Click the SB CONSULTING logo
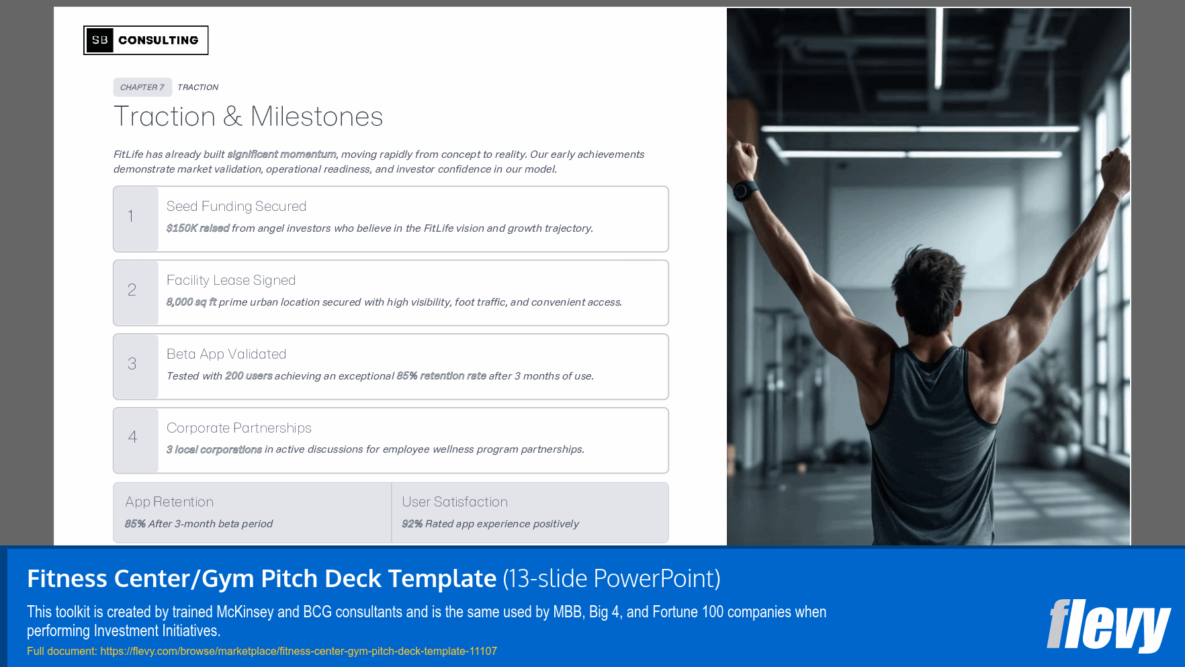[x=146, y=40]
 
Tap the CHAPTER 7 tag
[x=142, y=87]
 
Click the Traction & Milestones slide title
[x=248, y=117]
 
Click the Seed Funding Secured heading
[x=236, y=206]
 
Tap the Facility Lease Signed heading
[x=231, y=280]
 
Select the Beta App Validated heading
[x=226, y=354]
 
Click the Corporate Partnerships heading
[x=239, y=428]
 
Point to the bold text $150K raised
[x=197, y=228]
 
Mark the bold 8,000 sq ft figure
[x=191, y=302]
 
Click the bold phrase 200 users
[x=249, y=376]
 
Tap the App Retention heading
[x=169, y=502]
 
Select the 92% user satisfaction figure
[x=412, y=524]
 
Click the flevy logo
[x=1108, y=625]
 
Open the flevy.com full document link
[x=298, y=651]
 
